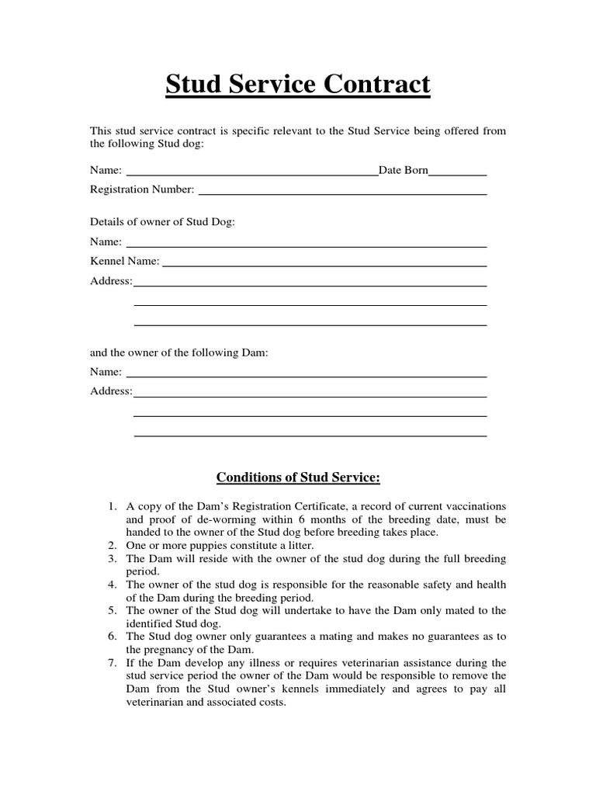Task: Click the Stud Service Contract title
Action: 298,85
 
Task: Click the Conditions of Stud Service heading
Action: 298,477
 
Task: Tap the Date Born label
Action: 403,169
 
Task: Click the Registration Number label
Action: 142,189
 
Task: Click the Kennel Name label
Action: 125,261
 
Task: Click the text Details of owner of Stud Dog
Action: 162,222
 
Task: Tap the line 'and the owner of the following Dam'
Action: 179,352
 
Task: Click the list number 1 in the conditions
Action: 112,506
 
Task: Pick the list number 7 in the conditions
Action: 112,662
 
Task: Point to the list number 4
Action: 112,585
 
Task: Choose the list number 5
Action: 112,610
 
